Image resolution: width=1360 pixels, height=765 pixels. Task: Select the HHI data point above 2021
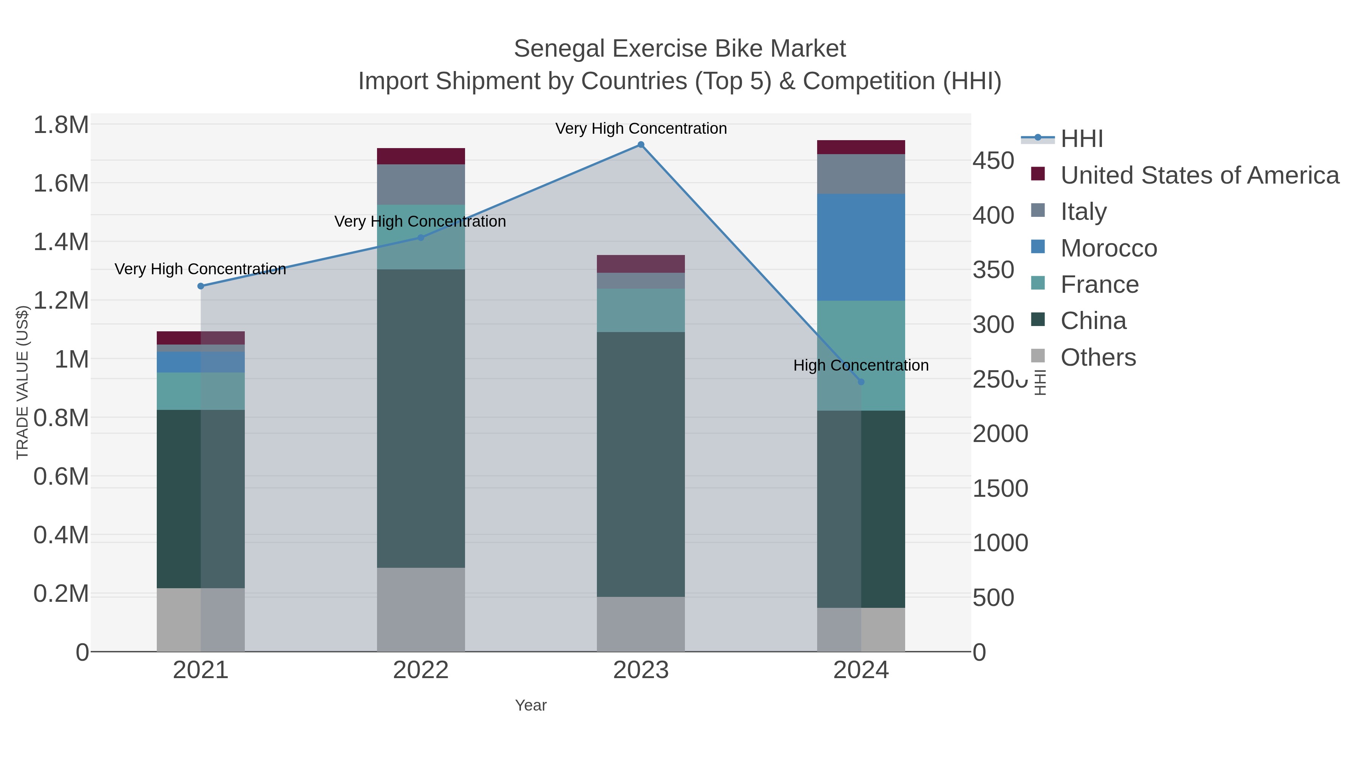coord(201,286)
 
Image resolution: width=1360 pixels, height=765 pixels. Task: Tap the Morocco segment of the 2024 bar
coord(861,247)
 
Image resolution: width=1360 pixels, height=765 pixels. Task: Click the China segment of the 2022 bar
coord(421,418)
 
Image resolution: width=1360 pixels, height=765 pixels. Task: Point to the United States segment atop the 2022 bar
coord(421,156)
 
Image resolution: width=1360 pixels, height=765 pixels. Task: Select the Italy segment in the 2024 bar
coord(861,174)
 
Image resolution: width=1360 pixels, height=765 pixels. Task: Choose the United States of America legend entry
coord(1198,175)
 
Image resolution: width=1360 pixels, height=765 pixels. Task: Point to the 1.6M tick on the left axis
coord(61,184)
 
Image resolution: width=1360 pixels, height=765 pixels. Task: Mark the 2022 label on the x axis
coord(421,671)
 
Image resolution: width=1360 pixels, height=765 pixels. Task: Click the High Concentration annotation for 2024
coord(861,365)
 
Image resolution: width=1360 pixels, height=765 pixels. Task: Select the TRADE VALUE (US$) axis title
coord(22,382)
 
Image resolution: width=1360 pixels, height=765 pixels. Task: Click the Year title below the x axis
coord(531,705)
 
